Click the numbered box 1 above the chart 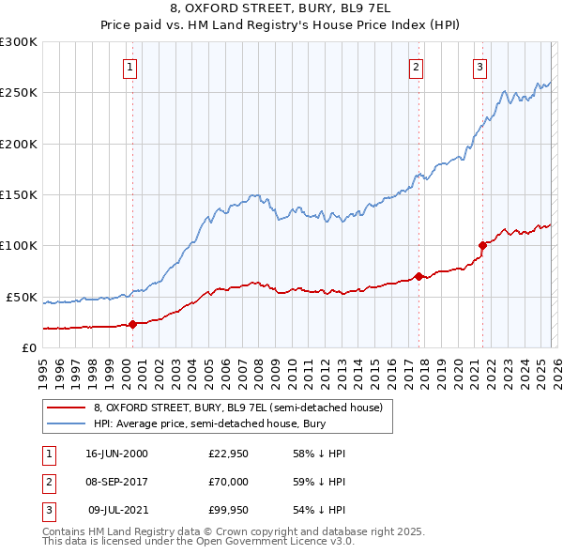coord(129,67)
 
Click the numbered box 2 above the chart coord(416,67)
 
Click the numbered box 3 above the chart coord(479,67)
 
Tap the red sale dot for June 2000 coord(132,324)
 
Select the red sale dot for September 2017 coord(418,276)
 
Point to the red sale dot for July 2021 coord(482,246)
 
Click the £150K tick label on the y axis coord(19,194)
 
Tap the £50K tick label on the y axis coord(23,297)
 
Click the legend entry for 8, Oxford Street coord(237,408)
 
